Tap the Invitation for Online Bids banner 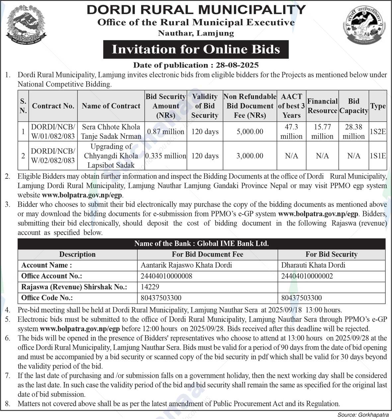click(x=196, y=49)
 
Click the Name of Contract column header click(x=111, y=106)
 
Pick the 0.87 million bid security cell click(x=166, y=132)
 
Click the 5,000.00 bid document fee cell click(x=250, y=132)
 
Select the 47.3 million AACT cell click(x=291, y=132)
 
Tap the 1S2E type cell click(x=378, y=132)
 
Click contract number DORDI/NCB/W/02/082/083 click(x=53, y=156)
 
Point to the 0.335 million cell click(x=166, y=156)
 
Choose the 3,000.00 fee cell click(x=250, y=156)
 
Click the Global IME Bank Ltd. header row click(x=201, y=244)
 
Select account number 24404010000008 click(x=166, y=276)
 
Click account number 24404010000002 click(x=307, y=276)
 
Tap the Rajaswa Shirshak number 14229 click(x=150, y=287)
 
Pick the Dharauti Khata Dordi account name click(x=313, y=265)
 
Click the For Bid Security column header click(x=331, y=255)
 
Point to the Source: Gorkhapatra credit click(x=363, y=415)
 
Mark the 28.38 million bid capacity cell click(x=353, y=132)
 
